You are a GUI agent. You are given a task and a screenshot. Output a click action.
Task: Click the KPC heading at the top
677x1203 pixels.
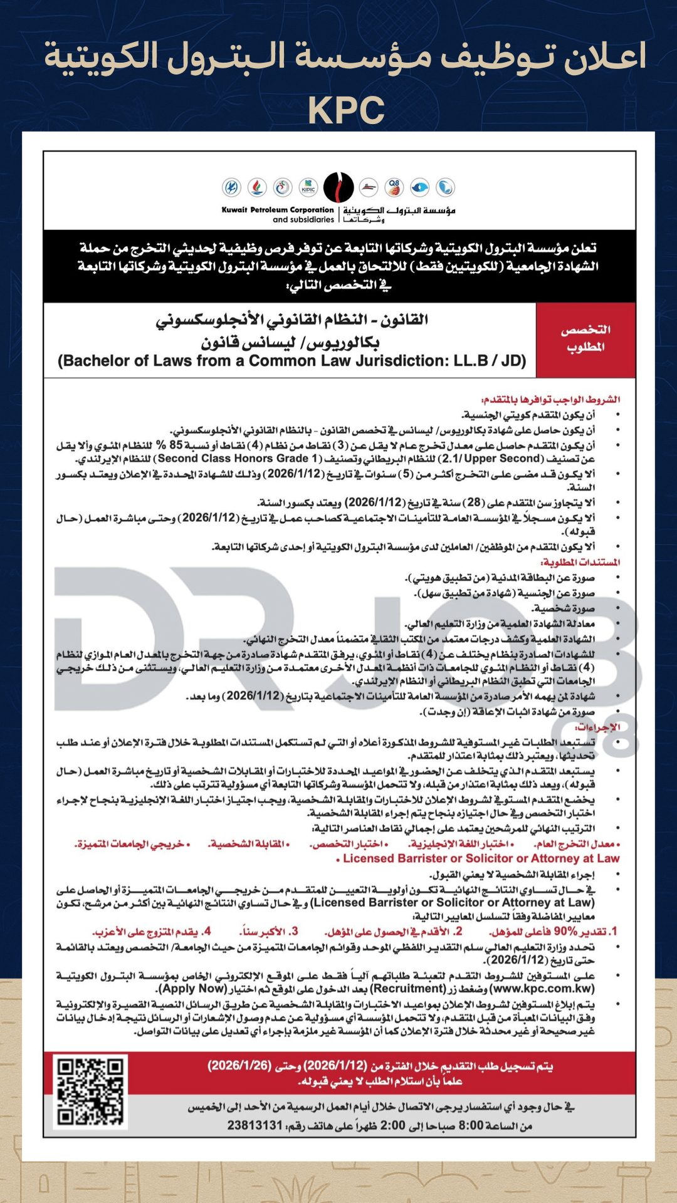(346, 110)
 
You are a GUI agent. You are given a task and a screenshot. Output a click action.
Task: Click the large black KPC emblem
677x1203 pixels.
(338, 187)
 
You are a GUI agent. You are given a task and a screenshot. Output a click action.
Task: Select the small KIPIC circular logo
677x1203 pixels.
(308, 187)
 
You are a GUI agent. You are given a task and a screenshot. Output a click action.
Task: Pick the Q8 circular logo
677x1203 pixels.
(394, 187)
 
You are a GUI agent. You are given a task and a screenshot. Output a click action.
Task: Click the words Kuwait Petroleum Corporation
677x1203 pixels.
(278, 210)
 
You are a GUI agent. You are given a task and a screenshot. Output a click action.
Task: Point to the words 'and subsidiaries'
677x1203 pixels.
(303, 220)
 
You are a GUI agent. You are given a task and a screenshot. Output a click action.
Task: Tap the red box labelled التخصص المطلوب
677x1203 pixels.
(585, 338)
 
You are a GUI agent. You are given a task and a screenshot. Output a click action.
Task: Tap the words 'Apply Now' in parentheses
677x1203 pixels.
(192, 989)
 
